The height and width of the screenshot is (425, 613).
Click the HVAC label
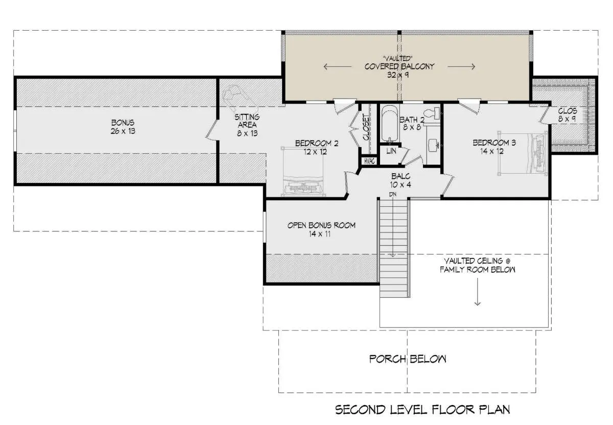[369, 161]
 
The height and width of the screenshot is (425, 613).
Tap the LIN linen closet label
[391, 151]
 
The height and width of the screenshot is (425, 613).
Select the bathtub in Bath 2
[390, 124]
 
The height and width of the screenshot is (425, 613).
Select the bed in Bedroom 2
[303, 172]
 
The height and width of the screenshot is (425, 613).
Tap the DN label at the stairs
[393, 194]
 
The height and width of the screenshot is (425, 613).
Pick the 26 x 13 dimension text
[123, 131]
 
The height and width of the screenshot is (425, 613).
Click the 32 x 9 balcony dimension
[398, 75]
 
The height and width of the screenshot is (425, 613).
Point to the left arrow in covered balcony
[338, 66]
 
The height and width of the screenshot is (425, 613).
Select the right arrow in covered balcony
[461, 66]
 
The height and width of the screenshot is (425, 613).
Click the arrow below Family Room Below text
[478, 292]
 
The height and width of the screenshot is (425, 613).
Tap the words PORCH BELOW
[408, 359]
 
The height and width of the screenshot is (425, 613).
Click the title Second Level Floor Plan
[422, 410]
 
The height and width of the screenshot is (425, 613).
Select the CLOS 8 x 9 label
[568, 115]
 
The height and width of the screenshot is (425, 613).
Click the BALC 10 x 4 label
[400, 181]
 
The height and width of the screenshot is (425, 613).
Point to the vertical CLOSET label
[366, 128]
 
